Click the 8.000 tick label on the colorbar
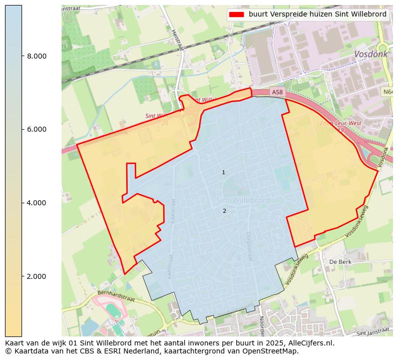pyautogui.click(x=37, y=56)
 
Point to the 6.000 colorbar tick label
pyautogui.click(x=37, y=129)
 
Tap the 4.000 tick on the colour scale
pyautogui.click(x=37, y=203)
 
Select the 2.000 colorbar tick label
pyautogui.click(x=37, y=276)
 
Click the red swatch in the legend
pyautogui.click(x=236, y=15)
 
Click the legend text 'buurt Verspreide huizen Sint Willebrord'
pyautogui.click(x=317, y=15)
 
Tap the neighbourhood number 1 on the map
pyautogui.click(x=223, y=173)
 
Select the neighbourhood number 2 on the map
pyautogui.click(x=224, y=211)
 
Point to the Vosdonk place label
pyautogui.click(x=369, y=54)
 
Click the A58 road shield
pyautogui.click(x=277, y=92)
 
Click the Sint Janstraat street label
pyautogui.click(x=373, y=331)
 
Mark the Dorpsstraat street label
pyautogui.click(x=248, y=245)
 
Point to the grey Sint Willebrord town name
pyautogui.click(x=243, y=200)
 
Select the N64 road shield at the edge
pyautogui.click(x=388, y=92)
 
